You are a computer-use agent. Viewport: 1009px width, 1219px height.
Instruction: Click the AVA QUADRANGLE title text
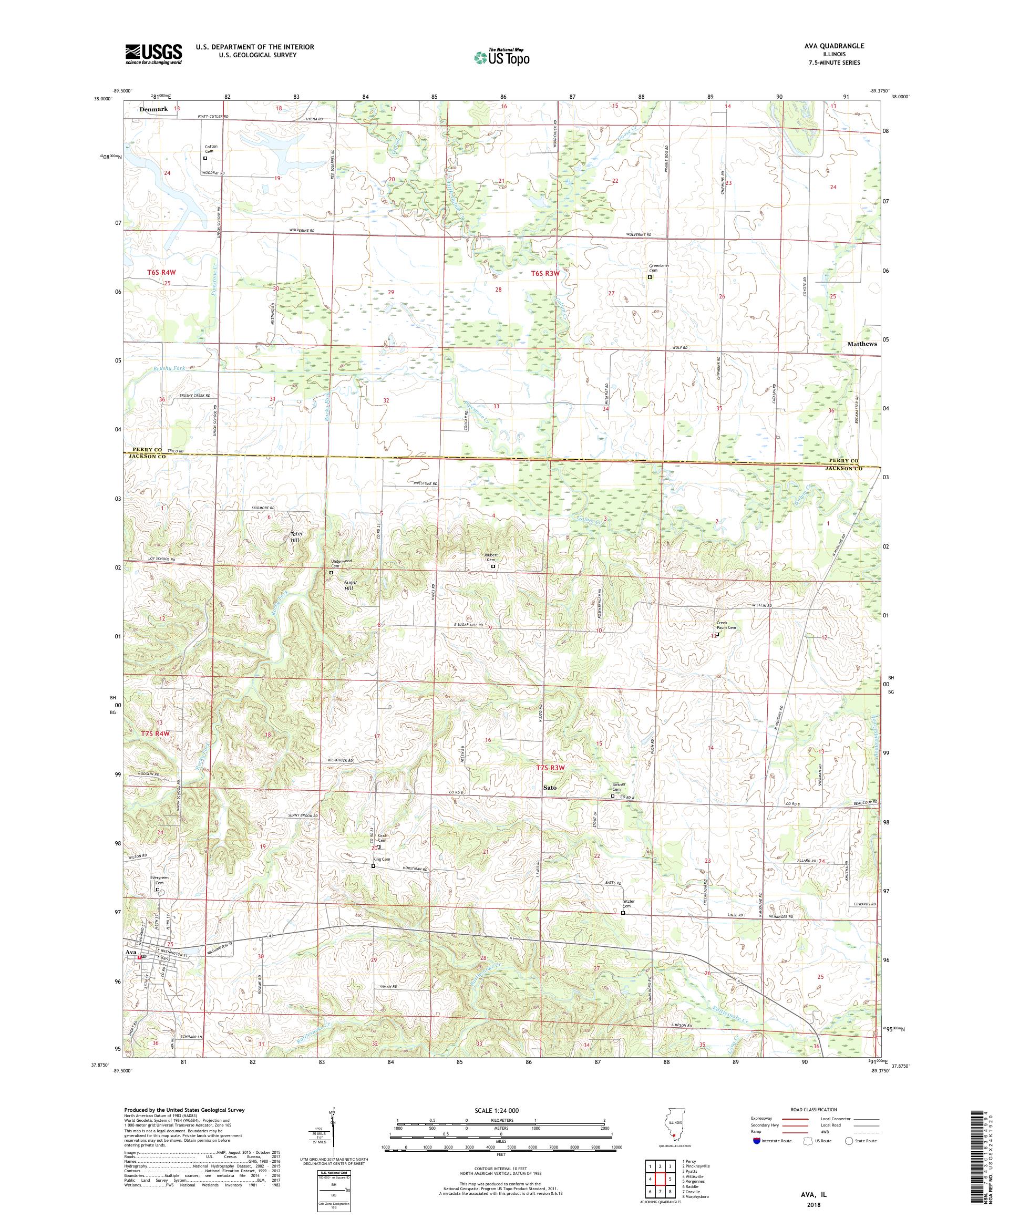(x=836, y=46)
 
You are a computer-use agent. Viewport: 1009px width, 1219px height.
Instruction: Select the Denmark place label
(x=153, y=109)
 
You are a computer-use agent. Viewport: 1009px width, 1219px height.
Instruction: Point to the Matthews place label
(x=861, y=344)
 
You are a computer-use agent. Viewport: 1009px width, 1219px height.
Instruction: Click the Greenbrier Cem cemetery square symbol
(x=650, y=277)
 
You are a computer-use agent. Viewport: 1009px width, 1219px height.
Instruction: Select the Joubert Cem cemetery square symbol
(x=493, y=566)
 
